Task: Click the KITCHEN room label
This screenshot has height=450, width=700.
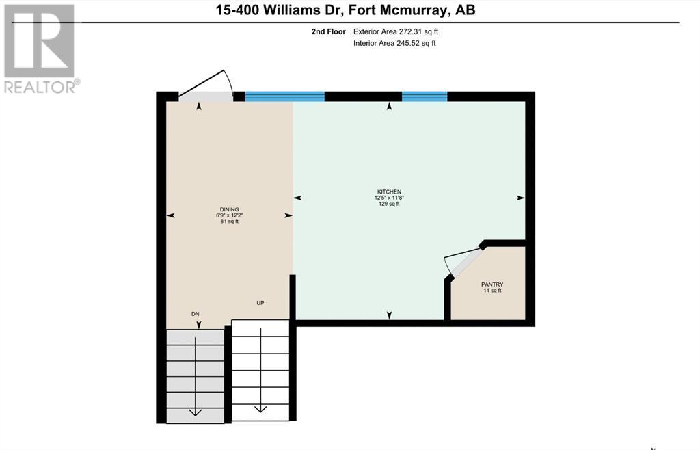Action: (389, 191)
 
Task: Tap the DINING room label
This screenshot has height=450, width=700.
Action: (230, 209)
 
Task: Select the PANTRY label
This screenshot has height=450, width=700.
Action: (492, 284)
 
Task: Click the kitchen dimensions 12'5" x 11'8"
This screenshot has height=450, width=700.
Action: (389, 198)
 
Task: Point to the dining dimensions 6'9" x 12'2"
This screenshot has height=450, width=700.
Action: (230, 215)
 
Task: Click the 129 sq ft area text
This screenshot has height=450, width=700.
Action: (389, 204)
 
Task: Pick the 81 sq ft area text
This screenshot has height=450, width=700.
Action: (230, 221)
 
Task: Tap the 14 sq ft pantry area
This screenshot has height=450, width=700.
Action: (492, 290)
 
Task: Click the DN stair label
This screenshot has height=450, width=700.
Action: (195, 314)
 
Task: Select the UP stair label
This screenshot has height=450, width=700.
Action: (260, 303)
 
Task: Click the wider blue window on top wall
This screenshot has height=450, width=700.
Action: (285, 96)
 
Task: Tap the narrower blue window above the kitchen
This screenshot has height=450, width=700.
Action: (425, 96)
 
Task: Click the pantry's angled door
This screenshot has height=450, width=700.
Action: (466, 263)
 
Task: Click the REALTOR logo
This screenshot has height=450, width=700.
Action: (40, 49)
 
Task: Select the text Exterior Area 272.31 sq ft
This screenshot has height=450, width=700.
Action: (396, 31)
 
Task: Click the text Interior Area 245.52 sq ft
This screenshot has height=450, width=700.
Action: (394, 43)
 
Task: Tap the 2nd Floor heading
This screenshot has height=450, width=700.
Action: (329, 31)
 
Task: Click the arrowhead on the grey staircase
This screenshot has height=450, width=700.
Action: (195, 412)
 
